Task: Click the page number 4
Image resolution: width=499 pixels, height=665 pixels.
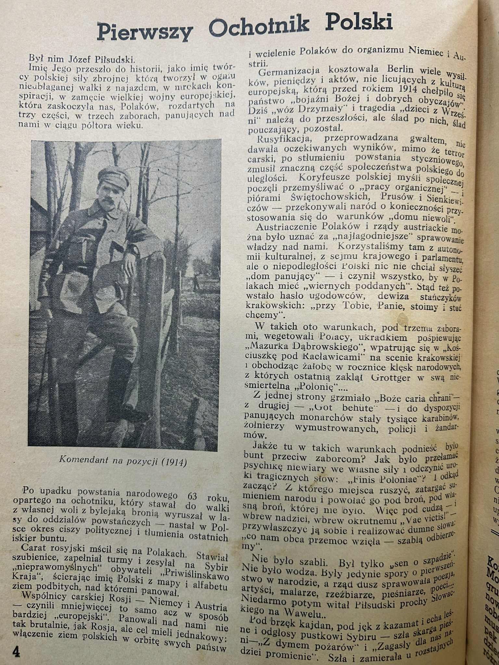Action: coord(16,643)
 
